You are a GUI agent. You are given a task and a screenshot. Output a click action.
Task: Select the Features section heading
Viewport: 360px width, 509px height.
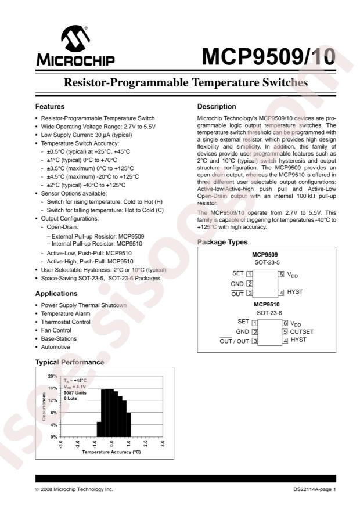coord(51,107)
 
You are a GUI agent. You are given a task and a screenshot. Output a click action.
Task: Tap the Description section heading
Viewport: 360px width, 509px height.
coord(217,107)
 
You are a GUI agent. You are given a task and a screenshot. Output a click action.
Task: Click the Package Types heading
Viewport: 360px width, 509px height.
coord(223,242)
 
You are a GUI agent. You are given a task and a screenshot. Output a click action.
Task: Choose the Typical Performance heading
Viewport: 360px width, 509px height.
coord(70,362)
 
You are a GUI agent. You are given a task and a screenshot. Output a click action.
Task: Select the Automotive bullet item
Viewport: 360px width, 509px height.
coord(55,346)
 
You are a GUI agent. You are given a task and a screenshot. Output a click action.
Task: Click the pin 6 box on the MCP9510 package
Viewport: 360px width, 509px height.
coord(285,323)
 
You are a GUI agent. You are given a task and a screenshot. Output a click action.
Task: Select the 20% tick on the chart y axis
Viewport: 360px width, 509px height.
coord(52,376)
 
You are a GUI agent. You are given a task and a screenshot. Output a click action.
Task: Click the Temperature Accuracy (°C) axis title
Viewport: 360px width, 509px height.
coord(111,451)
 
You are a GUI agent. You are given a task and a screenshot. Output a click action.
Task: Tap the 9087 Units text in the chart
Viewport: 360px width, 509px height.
coord(76,394)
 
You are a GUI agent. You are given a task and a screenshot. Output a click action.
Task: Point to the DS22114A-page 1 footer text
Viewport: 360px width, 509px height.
coord(315,490)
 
